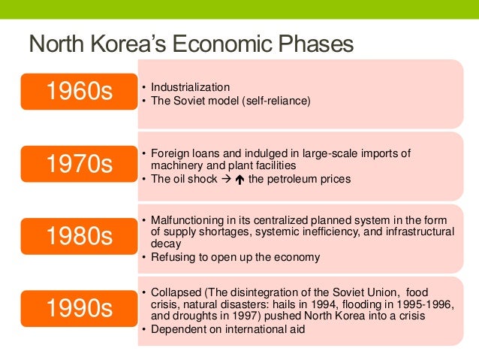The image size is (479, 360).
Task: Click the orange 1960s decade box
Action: (x=79, y=92)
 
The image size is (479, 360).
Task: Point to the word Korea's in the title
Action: (x=133, y=44)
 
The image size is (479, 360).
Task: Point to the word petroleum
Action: (x=293, y=180)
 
